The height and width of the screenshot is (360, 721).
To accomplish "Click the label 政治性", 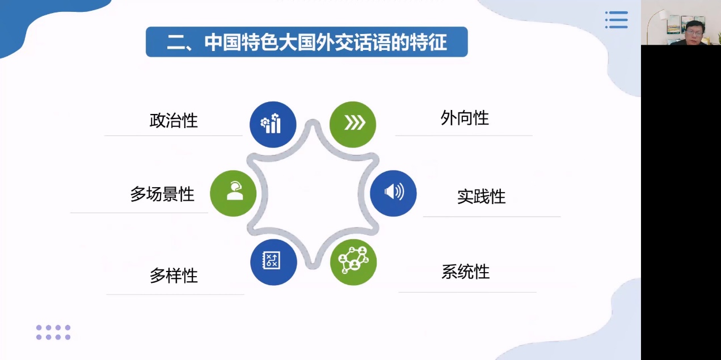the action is tap(174, 121).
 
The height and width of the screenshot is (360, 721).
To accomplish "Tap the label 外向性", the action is tap(465, 118).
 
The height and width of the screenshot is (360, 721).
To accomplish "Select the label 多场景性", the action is tap(162, 194).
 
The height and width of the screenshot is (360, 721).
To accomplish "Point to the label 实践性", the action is tap(481, 197).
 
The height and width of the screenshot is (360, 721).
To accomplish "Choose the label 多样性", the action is tap(174, 276).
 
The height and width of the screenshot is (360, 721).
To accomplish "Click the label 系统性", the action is tap(465, 272).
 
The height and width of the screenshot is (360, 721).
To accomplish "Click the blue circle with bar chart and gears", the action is tap(273, 125).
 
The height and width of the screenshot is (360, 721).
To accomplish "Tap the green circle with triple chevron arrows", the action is tap(353, 125).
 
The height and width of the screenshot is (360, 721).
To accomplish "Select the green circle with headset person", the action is tap(233, 193).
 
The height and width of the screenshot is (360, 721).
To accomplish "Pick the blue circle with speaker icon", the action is tap(393, 193).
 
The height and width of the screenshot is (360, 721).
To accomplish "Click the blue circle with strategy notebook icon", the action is tap(273, 262).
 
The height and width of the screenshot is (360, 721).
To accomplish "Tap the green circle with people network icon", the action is tap(353, 262).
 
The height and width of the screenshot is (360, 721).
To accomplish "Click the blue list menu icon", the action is tap(617, 20).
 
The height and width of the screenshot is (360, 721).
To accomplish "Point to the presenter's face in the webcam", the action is tap(694, 32).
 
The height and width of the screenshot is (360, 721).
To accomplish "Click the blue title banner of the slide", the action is tap(307, 42).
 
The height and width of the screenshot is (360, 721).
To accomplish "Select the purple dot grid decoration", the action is tap(53, 332).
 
